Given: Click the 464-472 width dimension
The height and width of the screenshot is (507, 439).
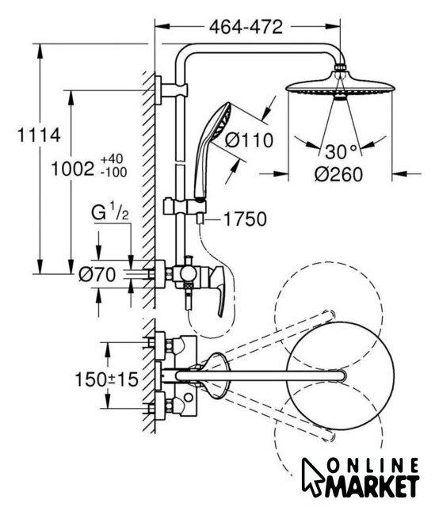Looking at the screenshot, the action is [x=246, y=27].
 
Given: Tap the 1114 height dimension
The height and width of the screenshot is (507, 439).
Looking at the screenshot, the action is [x=39, y=135].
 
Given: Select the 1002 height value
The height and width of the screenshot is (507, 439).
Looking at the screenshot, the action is [x=73, y=169].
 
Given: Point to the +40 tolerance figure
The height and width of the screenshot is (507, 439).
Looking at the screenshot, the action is [x=112, y=159].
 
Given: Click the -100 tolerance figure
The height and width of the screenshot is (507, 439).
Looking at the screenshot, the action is [x=113, y=173].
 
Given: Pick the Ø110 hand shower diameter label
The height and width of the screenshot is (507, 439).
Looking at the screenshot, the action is [x=249, y=140].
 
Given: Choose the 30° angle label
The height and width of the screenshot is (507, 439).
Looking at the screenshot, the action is [x=342, y=151].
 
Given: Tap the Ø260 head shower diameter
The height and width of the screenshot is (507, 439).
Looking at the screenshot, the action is [x=338, y=174].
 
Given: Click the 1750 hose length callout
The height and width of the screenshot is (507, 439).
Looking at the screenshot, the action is [x=245, y=219].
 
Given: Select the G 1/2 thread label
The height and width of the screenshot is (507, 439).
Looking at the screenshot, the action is [x=110, y=212].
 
